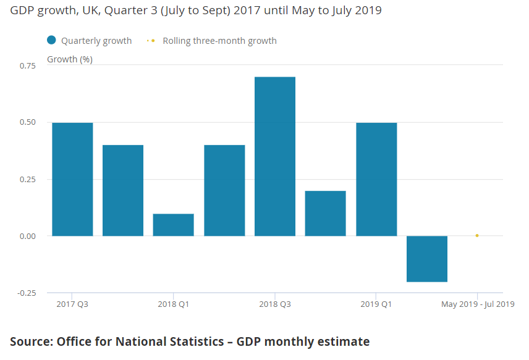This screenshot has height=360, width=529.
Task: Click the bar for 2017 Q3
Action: point(72,179)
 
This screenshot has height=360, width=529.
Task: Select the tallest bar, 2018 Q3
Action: point(275,156)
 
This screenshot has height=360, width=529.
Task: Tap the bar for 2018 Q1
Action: point(174,225)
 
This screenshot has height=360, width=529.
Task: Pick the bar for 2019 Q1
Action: point(376,179)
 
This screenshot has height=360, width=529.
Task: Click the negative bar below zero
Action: point(427,259)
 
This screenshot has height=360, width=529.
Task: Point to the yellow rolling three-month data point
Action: point(477,235)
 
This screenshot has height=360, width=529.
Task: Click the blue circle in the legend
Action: point(52,41)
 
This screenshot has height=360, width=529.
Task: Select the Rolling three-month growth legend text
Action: point(219,41)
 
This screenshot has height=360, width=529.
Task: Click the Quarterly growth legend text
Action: point(96,41)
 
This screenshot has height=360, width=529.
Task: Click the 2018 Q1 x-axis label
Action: point(174,304)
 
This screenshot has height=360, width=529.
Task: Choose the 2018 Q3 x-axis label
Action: point(275,304)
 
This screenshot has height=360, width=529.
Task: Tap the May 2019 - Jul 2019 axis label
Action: point(477,304)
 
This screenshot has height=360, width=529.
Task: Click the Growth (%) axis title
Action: point(70,59)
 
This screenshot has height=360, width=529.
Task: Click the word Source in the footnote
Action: point(31,341)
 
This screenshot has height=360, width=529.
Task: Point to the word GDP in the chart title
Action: point(22,11)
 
